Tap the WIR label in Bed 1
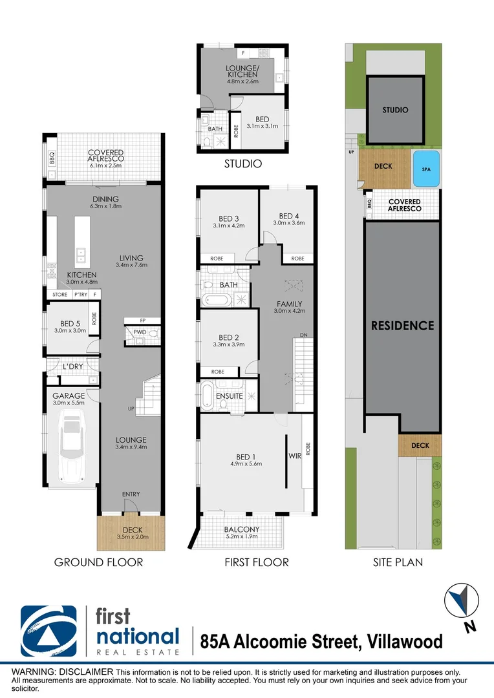(294, 456)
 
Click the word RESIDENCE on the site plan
(402, 326)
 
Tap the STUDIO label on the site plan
(395, 110)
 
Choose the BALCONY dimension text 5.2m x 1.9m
(242, 537)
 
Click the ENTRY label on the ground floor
(131, 494)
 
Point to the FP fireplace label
(142, 321)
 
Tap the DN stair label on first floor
(303, 335)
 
